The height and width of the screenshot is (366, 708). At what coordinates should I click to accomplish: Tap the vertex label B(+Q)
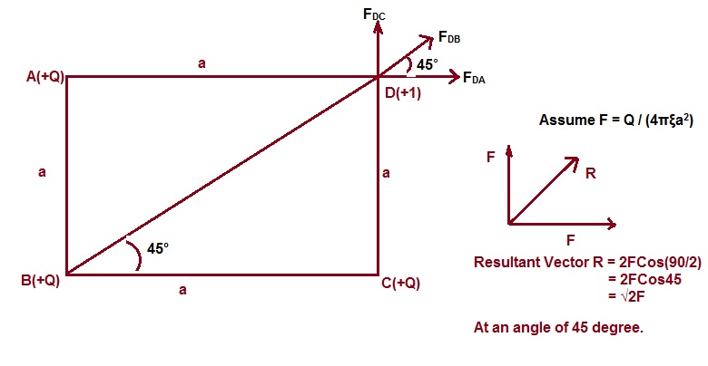(x=40, y=280)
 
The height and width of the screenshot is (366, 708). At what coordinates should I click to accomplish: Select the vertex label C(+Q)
(x=400, y=283)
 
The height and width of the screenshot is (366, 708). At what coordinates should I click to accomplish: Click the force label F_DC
(x=374, y=14)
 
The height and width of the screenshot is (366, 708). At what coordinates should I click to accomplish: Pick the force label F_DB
(x=448, y=37)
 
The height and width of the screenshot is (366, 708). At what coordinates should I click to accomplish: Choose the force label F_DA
(x=474, y=79)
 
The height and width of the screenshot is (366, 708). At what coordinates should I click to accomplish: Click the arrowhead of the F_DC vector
(x=378, y=34)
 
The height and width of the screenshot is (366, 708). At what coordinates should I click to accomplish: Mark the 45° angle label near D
(x=428, y=64)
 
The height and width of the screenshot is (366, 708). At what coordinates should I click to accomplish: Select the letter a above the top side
(x=202, y=63)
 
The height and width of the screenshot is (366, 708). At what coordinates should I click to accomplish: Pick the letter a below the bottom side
(x=182, y=290)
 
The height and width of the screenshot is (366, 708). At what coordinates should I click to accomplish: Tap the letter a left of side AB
(x=42, y=172)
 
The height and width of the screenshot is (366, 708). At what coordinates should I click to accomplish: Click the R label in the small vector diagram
(x=590, y=173)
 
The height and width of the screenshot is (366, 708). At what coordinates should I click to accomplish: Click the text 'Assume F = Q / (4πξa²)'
(x=611, y=120)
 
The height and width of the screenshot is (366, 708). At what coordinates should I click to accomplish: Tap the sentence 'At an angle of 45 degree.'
(x=558, y=327)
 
